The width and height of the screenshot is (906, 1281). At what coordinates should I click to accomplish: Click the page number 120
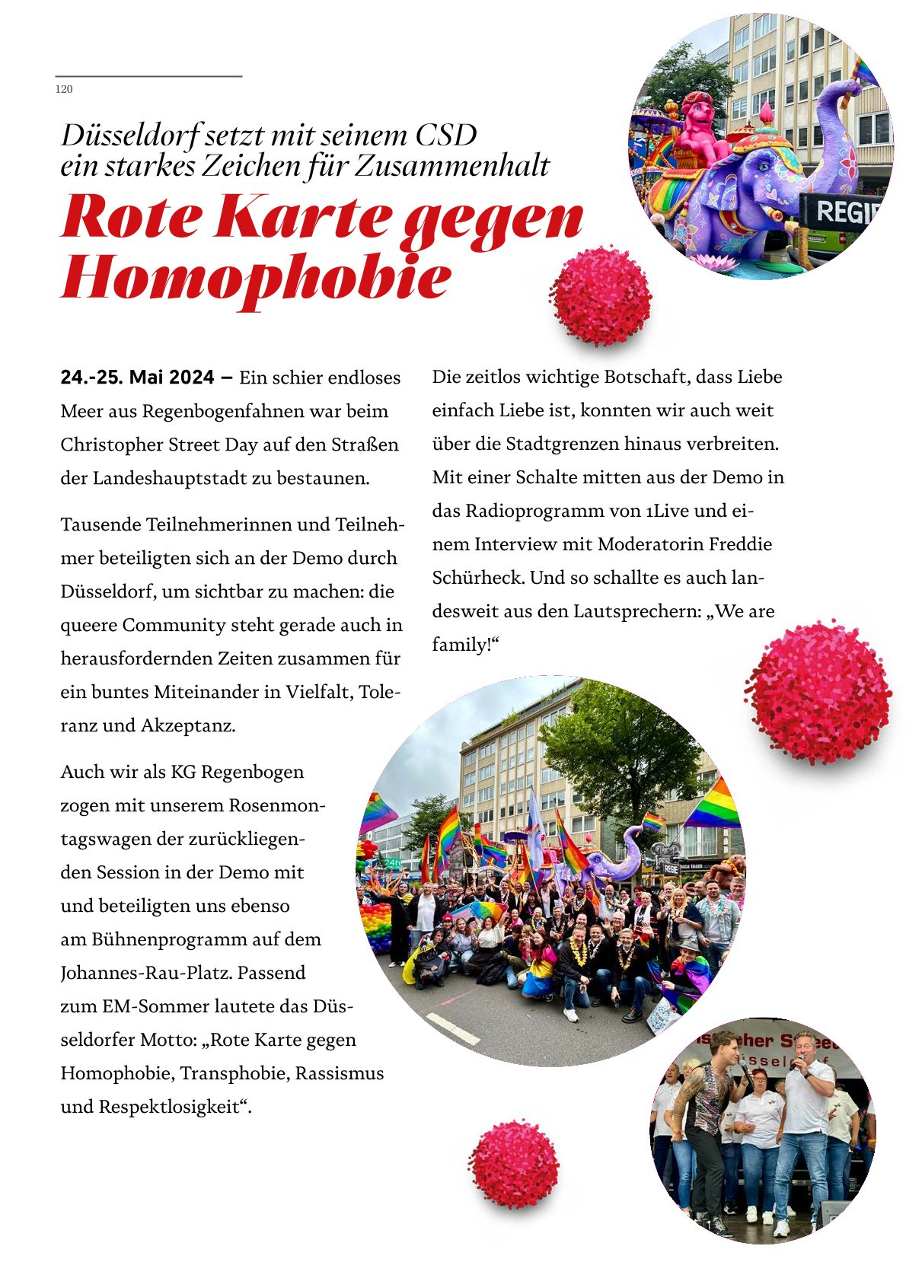tap(64, 89)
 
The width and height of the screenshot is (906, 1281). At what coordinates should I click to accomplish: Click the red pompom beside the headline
tap(601, 295)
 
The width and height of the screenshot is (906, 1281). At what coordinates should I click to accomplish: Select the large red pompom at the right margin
tap(818, 691)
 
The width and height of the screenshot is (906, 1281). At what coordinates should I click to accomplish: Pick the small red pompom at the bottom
tap(514, 1164)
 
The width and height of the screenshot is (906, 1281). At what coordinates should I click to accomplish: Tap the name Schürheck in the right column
tap(478, 578)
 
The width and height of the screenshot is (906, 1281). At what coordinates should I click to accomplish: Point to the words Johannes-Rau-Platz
tap(183, 973)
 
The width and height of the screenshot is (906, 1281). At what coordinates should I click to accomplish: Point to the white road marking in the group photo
tap(452, 1027)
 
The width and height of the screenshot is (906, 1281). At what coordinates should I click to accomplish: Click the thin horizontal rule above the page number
tap(148, 76)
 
